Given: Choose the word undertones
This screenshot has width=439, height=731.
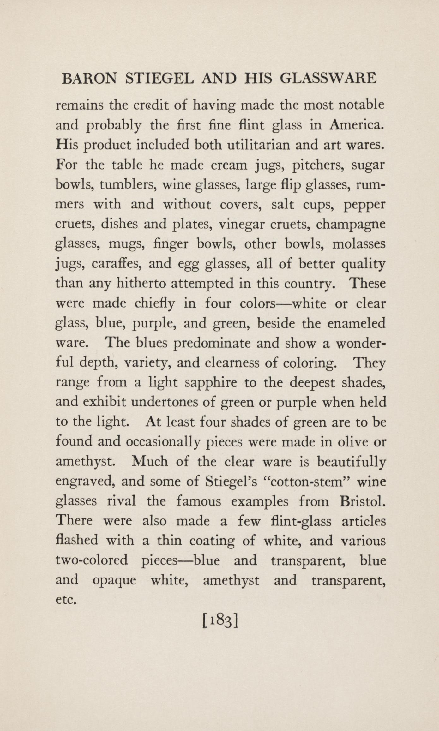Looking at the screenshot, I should pyautogui.click(x=173, y=403).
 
